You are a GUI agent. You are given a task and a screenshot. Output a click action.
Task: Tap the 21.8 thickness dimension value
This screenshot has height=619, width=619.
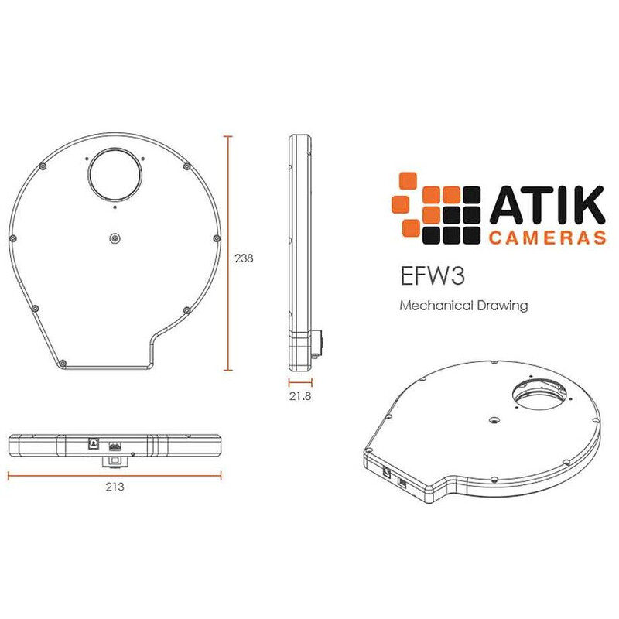pos(300,396)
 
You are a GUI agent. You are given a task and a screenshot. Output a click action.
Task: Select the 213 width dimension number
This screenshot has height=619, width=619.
pos(115,487)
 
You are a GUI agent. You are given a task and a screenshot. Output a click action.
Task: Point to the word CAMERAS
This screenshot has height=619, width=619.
pos(545,236)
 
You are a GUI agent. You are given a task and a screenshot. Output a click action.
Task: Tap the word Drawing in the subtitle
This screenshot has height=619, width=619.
pos(501,306)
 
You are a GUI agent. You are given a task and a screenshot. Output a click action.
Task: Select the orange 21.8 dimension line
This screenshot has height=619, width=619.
pos(300,382)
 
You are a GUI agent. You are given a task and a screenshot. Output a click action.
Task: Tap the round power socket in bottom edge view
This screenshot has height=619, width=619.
pos(94,445)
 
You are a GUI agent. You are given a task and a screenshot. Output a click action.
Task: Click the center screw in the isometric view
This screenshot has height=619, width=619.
pos(493,420)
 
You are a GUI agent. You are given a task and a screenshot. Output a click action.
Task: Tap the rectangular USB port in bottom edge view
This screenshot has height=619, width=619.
pos(115,446)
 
